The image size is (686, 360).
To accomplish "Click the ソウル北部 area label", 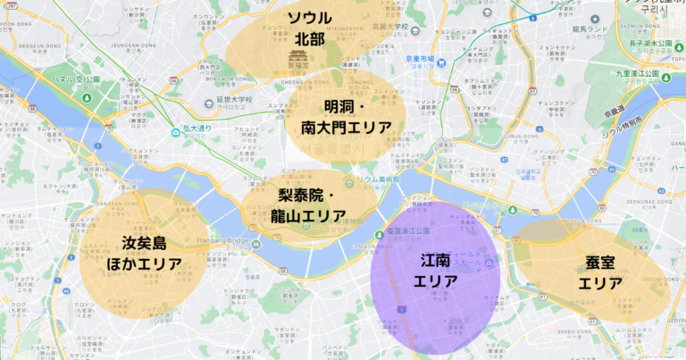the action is pos(308,29).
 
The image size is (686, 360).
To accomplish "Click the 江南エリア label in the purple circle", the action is pos(435,270).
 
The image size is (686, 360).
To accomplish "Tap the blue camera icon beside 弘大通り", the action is pos(177,132).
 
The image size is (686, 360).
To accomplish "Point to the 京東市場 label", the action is pos(419,60).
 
